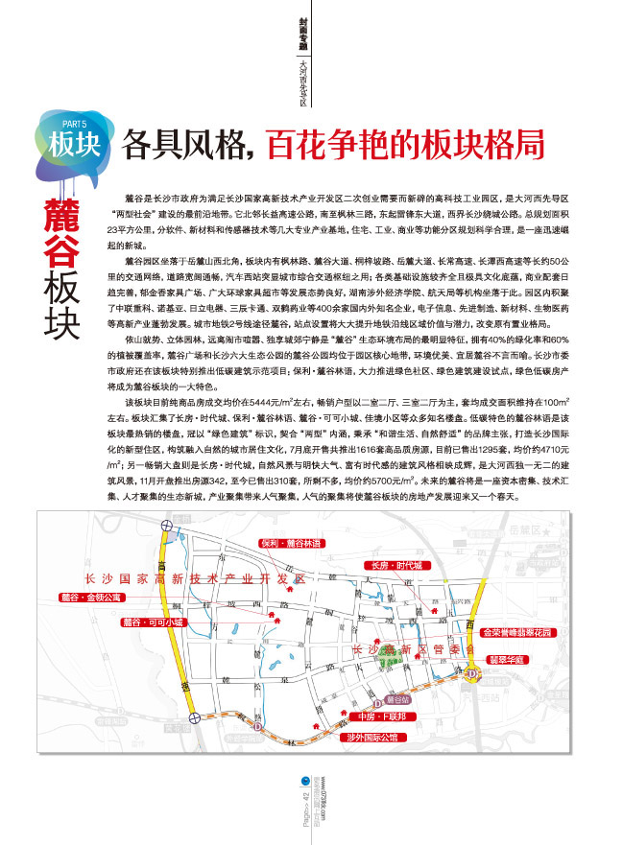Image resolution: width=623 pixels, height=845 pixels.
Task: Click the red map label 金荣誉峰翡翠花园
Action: click(516, 633)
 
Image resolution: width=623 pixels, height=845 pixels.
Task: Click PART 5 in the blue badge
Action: click(74, 124)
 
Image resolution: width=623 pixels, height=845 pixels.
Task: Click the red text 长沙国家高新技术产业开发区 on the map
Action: click(193, 580)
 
